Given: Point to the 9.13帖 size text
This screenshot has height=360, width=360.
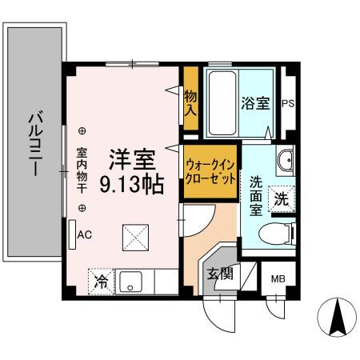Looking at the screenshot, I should pos(132,186).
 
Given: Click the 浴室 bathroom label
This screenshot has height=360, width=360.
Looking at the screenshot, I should pos(255,104).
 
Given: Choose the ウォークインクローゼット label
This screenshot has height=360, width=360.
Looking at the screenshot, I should pos(210,170).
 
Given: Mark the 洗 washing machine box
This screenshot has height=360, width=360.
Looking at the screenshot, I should pos(281,199).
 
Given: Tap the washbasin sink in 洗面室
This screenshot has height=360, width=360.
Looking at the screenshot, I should pos(285,163).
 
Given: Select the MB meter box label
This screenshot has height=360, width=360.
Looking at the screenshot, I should pos(277,279).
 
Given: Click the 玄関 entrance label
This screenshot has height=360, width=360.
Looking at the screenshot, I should pos(221,274).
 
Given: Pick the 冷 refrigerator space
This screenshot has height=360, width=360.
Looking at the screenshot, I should pos(102,281).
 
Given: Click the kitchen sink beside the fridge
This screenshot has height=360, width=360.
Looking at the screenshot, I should pos(131,282).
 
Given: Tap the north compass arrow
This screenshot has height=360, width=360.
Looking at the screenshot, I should pos(337,318).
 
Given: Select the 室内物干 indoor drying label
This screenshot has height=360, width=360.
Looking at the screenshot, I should pos(82,170).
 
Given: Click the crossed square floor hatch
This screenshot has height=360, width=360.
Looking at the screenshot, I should pos(134,237).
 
